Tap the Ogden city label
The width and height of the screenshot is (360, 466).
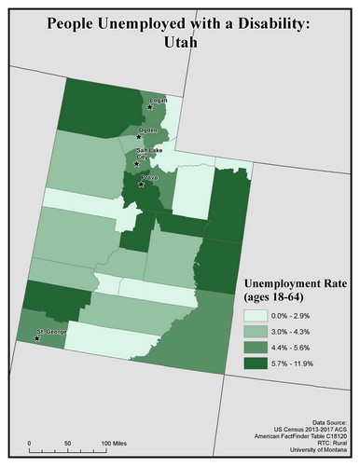coord(146,130)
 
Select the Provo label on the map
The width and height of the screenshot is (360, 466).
coord(149,176)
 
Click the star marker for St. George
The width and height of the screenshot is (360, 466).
coord(37,338)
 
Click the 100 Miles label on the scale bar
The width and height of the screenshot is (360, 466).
coord(113,442)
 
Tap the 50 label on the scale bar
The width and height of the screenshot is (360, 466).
coord(70,442)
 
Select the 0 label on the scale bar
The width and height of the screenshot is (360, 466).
coord(30,442)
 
